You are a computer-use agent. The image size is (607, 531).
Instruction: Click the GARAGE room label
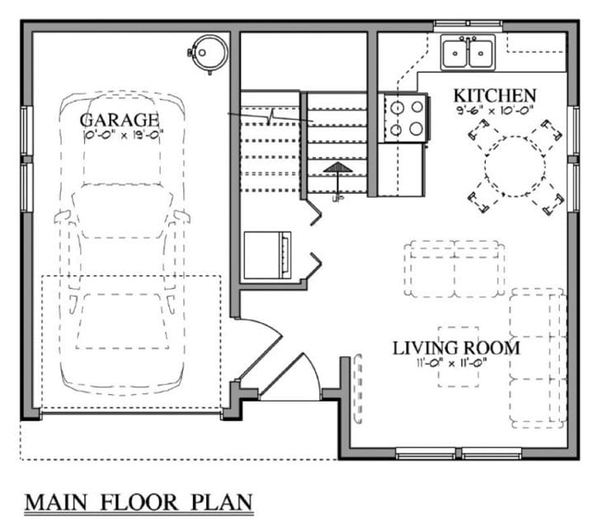coord(120,120)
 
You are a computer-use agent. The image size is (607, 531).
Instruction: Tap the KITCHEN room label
coord(494,95)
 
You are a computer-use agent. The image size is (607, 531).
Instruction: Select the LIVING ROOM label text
coord(456,348)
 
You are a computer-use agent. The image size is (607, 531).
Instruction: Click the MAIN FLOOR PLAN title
coord(138,502)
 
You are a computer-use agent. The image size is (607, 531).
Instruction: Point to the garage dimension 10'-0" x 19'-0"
coord(124,134)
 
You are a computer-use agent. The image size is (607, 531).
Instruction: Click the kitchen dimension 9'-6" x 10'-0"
coord(494,110)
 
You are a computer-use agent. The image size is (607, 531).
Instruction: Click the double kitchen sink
coord(467,53)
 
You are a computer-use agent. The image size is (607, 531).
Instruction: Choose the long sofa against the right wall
coord(537,357)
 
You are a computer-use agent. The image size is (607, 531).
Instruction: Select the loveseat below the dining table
coord(454,269)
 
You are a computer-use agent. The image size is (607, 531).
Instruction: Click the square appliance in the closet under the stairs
coord(267,255)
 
